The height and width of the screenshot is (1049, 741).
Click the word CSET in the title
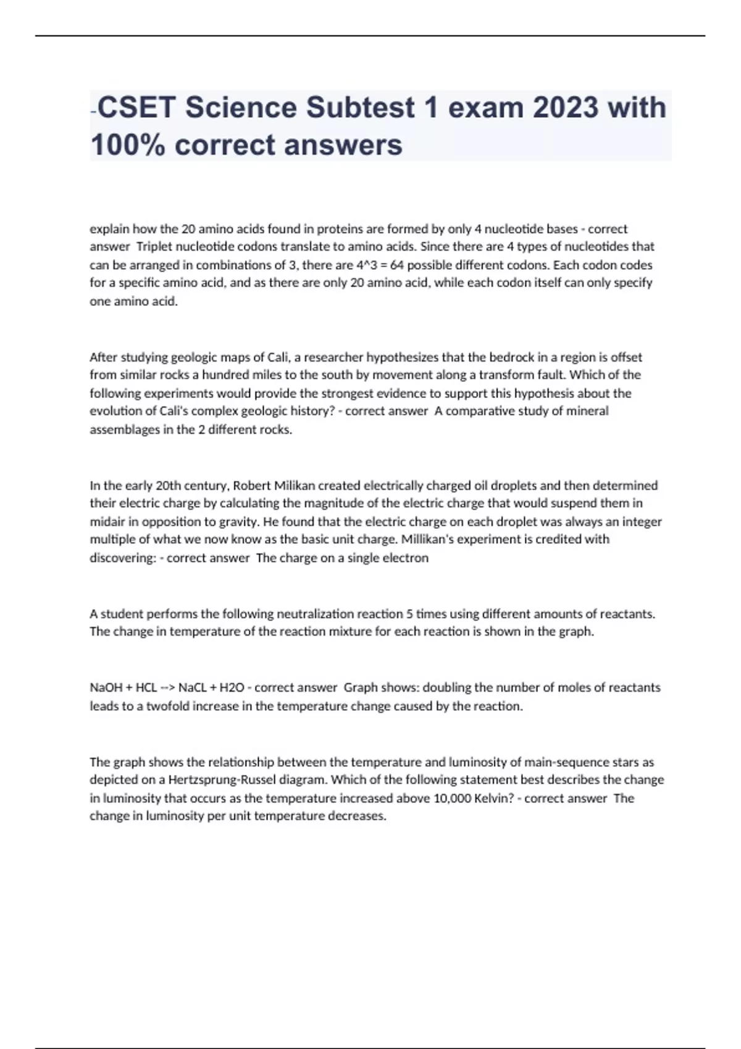(x=137, y=107)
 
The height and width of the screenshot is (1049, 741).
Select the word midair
(x=107, y=521)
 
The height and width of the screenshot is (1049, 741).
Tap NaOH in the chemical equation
(x=106, y=687)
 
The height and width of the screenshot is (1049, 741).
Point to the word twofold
(x=167, y=706)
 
